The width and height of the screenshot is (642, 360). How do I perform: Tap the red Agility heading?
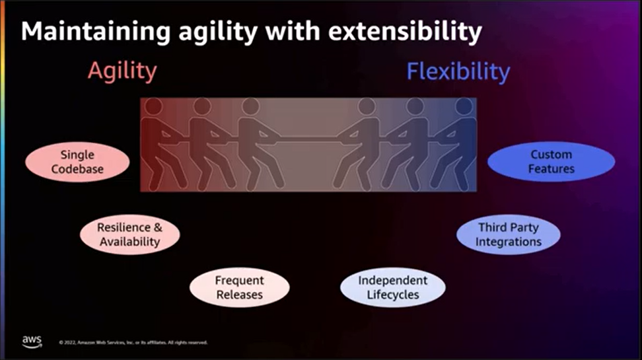122,71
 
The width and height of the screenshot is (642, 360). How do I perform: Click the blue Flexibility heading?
458,71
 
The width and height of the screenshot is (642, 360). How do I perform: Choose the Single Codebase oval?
77,162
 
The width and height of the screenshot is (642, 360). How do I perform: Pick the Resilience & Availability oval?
129,234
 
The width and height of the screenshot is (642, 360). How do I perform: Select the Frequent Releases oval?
239,287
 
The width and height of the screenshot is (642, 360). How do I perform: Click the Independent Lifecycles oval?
392,287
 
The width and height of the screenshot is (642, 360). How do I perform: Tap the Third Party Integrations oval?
508,234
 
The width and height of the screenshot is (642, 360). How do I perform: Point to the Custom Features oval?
551,162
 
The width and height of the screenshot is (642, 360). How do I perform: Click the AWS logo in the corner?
32,341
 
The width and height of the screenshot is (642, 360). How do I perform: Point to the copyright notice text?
133,343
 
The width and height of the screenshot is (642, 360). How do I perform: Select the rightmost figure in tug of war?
460,145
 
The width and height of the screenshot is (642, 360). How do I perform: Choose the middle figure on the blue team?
410,145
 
